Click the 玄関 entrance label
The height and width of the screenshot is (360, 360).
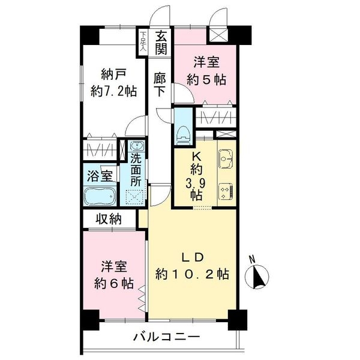160,43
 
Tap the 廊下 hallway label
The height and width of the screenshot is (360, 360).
160,85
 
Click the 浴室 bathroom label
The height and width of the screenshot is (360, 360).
100,176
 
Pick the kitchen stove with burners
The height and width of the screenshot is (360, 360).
226,190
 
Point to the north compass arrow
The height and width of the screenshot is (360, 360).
260,277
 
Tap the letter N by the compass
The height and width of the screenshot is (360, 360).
253,260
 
